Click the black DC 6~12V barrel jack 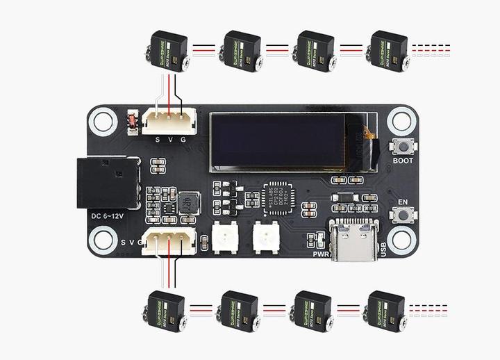point(108,182)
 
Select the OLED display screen point(280,142)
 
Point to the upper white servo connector point(169,122)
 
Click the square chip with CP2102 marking point(281,197)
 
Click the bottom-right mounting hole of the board point(401,240)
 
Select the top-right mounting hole point(401,121)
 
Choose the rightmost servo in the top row point(389,50)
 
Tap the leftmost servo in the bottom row point(167,311)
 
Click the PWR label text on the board point(320,254)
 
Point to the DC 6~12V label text point(108,216)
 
